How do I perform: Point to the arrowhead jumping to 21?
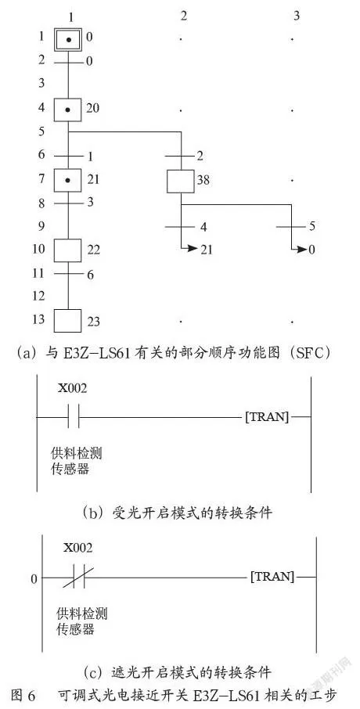pos(193,248)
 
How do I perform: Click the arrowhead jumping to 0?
pos(303,249)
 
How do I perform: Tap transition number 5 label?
pos(313,226)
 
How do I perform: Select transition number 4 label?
pos(203,227)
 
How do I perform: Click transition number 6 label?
pos(91,274)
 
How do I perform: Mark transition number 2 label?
pos(200,157)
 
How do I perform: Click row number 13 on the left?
pos(39,319)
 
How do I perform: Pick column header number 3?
pos(297,16)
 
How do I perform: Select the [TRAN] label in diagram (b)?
pos(267,417)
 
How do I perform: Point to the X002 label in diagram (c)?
pos(77,548)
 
